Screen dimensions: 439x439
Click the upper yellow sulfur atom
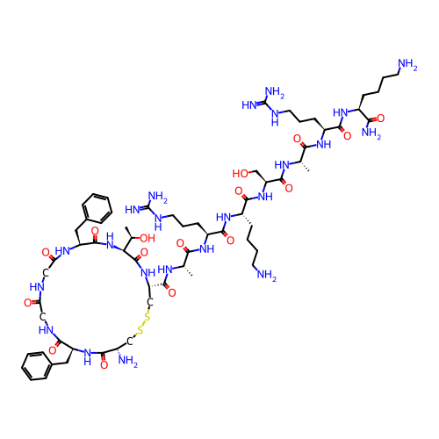148,317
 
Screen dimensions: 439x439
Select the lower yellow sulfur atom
140,331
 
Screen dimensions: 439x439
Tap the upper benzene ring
97,208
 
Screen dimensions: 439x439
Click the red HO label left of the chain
241,174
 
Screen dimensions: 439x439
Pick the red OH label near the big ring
148,238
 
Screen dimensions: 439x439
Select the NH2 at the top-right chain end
407,65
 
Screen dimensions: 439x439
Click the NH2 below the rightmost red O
371,133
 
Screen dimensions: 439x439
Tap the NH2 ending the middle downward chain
266,275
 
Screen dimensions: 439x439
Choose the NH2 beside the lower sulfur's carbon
128,361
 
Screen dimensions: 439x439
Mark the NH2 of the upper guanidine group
274,92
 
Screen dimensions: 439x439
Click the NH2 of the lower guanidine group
158,197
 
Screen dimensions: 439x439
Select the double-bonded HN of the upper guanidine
249,105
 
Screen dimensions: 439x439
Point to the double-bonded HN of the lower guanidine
133,210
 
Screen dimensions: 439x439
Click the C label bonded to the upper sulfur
150,303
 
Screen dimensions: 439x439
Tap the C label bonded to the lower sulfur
130,342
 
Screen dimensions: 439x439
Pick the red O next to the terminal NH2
380,119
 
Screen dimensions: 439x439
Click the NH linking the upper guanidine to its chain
275,117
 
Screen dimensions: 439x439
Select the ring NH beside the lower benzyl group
88,356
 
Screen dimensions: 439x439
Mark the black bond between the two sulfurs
144,324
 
